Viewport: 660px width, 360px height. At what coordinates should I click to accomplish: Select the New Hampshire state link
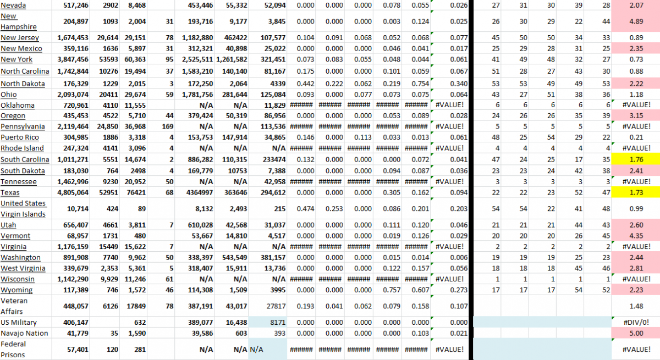[19, 21]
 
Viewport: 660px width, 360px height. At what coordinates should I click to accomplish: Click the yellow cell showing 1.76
[636, 160]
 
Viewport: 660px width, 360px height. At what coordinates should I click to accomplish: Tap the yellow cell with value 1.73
[636, 193]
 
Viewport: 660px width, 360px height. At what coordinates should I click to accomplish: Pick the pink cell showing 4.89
[636, 21]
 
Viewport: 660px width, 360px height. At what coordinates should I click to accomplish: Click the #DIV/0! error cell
[636, 323]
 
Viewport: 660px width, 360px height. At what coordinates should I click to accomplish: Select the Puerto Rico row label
[19, 137]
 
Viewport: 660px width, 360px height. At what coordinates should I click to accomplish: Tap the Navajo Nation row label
[24, 334]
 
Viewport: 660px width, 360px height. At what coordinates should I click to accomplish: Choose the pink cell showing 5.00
[636, 334]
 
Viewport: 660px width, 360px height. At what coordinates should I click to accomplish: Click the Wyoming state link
[16, 290]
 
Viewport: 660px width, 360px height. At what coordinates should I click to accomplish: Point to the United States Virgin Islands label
[23, 209]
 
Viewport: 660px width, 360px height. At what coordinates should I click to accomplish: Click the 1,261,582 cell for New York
[228, 60]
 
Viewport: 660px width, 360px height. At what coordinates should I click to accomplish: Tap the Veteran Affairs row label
[15, 306]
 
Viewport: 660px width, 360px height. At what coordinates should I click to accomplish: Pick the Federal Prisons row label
[15, 349]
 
